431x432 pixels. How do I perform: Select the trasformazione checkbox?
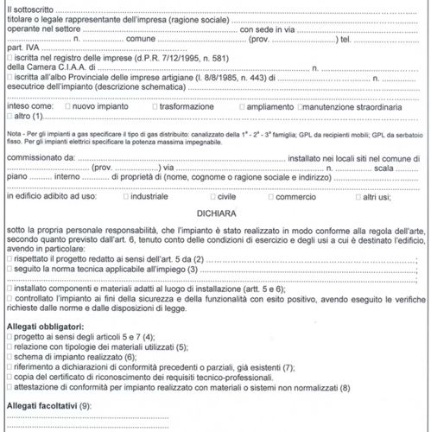[154, 130]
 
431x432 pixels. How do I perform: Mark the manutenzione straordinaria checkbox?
[300, 130]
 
